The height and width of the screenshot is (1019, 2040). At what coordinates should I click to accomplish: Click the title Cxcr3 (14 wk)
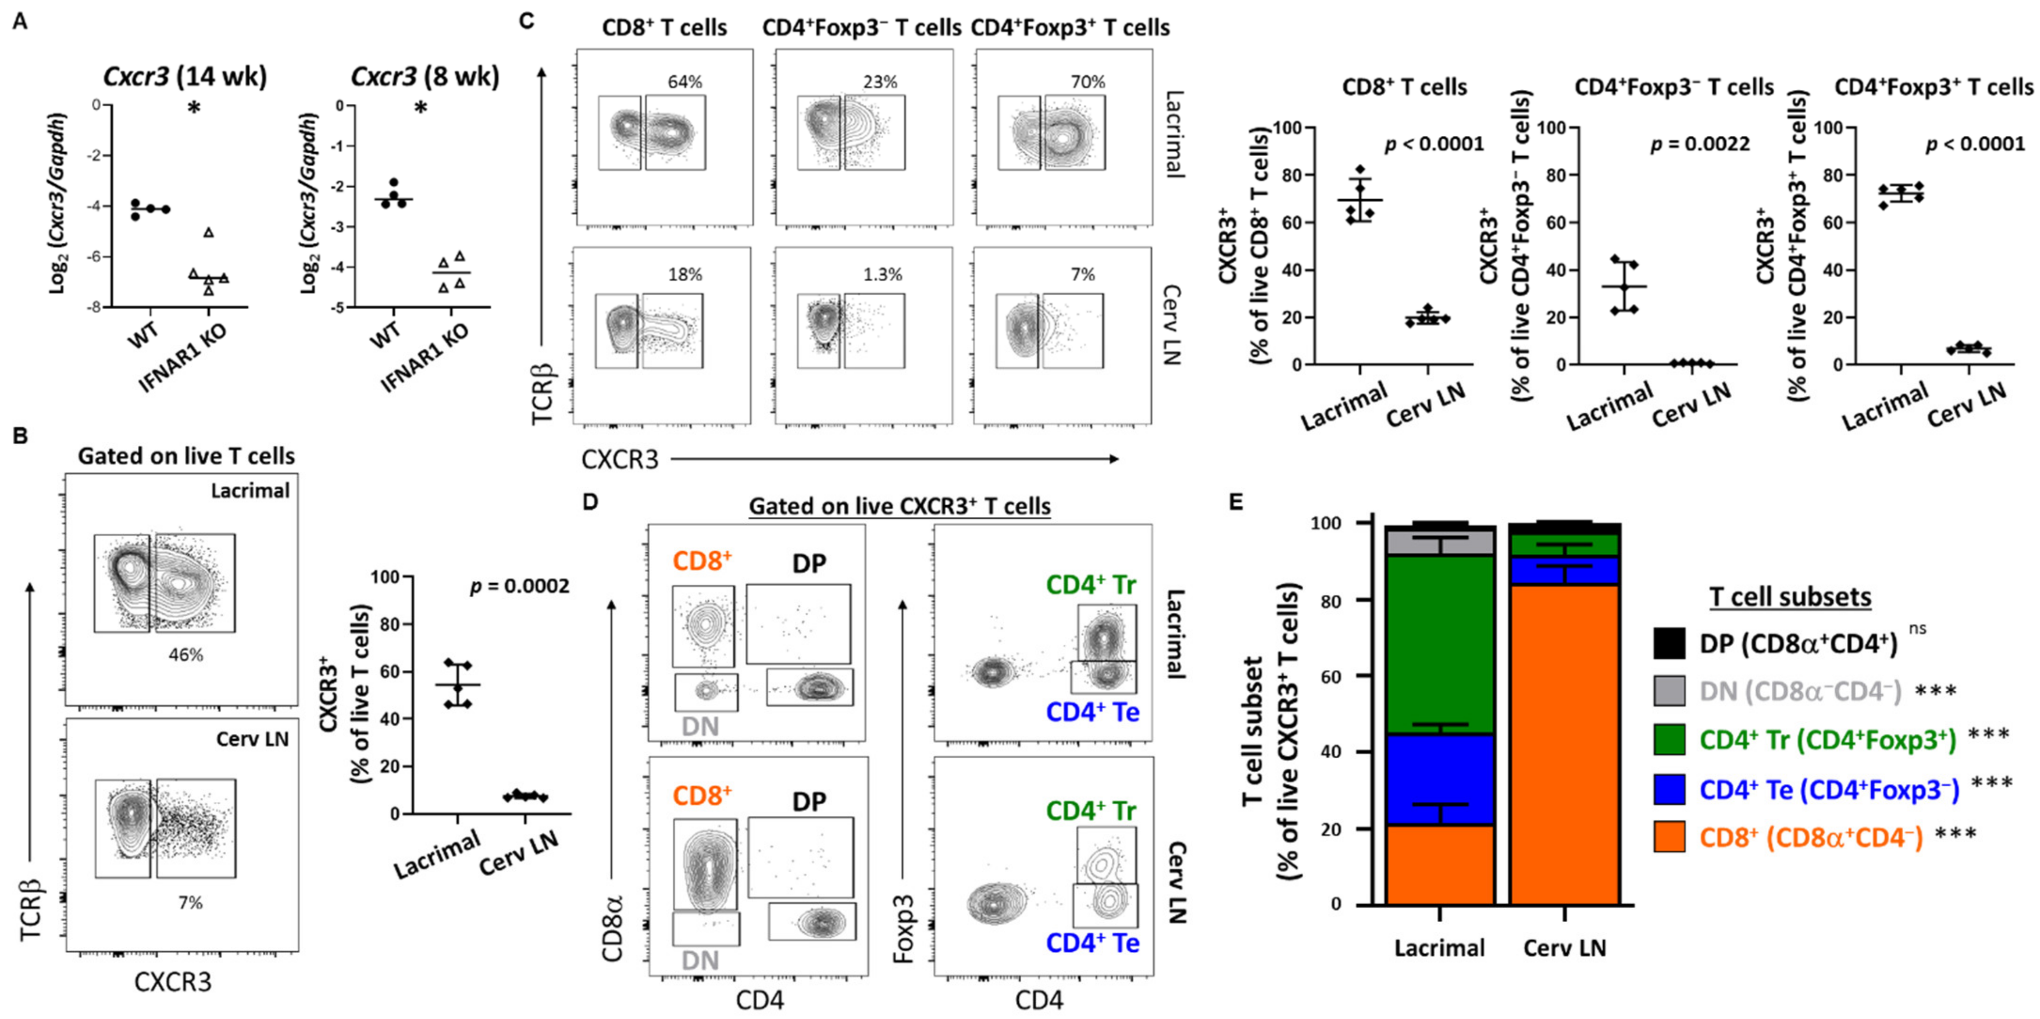tap(185, 77)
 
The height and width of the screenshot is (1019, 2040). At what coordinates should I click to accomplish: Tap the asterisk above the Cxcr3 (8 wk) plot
tap(421, 109)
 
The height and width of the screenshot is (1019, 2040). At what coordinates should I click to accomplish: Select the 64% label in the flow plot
tap(685, 82)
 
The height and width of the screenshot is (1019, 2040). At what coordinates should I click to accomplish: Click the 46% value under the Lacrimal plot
tap(185, 655)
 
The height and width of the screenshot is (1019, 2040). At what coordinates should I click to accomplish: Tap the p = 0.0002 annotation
tap(519, 586)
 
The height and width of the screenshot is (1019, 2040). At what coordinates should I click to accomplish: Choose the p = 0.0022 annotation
tap(1700, 144)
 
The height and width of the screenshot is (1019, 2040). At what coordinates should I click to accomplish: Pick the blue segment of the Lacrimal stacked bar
tap(1440, 780)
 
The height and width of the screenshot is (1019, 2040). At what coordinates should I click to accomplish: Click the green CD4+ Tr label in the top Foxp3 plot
tap(1091, 585)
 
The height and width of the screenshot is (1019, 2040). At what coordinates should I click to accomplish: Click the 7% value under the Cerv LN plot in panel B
tap(190, 902)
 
